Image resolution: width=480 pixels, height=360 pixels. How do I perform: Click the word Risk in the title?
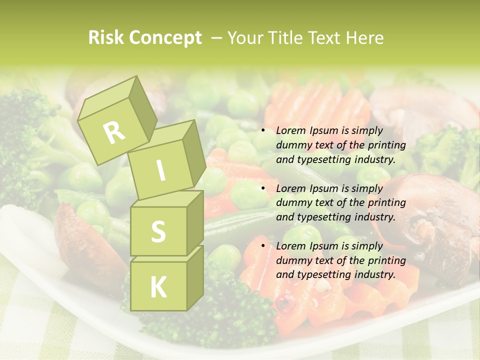[x=106, y=38]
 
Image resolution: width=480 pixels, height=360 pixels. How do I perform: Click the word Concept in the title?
[x=165, y=38]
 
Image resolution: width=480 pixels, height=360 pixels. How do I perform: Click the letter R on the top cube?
[x=114, y=132]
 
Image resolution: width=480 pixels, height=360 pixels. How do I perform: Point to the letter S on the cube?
[x=158, y=231]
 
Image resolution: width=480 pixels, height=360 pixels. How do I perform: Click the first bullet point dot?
[x=262, y=131]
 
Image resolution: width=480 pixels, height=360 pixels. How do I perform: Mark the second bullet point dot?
[x=262, y=188]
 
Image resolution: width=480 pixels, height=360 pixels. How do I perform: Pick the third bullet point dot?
[x=262, y=246]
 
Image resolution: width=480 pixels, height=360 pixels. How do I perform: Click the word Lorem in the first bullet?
[x=290, y=131]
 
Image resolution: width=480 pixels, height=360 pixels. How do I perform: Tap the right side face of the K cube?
[x=195, y=277]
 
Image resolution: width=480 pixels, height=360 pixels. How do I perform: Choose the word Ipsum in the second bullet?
[x=323, y=188]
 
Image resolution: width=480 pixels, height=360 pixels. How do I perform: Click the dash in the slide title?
[x=217, y=38]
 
